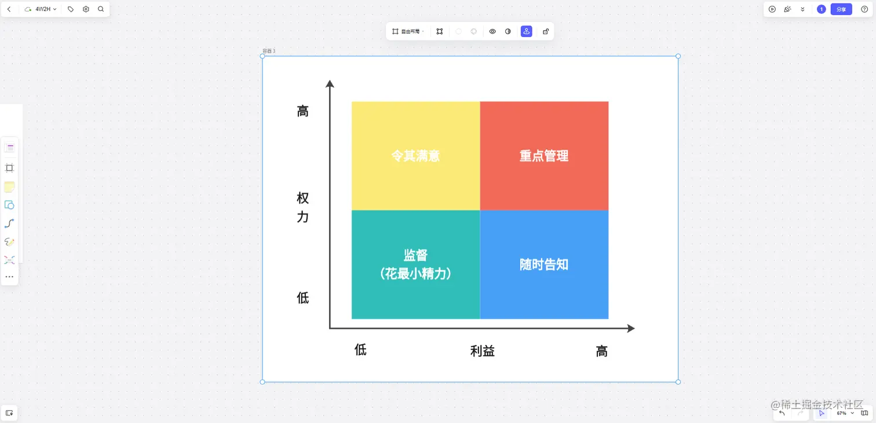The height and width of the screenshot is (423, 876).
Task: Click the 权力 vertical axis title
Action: (x=302, y=207)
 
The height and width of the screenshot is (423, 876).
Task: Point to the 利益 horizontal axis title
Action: (x=482, y=351)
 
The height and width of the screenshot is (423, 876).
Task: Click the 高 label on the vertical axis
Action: (x=302, y=111)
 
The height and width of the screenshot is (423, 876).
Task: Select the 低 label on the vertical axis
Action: (x=302, y=298)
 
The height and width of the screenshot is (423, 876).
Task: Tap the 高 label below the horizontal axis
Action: (x=602, y=351)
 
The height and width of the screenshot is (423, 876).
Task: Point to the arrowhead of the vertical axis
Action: (x=330, y=83)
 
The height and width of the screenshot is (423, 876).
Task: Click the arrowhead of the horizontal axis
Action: (x=631, y=328)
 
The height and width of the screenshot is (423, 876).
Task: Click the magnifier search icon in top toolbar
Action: (x=101, y=9)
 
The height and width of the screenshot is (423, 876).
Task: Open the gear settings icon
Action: (x=86, y=9)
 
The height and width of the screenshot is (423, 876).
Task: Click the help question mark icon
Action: (x=864, y=9)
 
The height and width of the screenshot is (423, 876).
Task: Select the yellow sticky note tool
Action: (x=9, y=186)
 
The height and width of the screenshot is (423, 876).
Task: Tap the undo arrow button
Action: (x=782, y=413)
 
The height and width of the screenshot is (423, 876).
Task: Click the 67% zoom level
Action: (x=842, y=413)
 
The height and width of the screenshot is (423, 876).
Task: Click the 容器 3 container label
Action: (x=269, y=51)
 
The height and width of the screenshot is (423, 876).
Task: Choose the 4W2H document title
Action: (x=43, y=9)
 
